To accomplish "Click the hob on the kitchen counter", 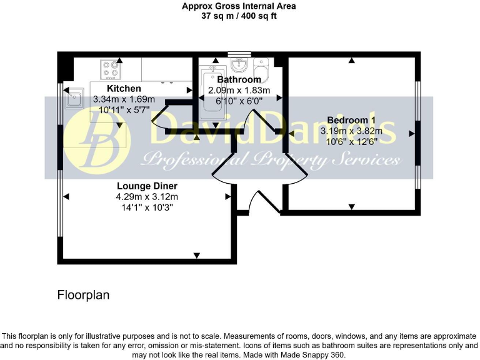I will [111, 68].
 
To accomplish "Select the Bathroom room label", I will [239, 80].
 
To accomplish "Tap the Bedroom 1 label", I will [351, 120].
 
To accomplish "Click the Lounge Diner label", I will [147, 186].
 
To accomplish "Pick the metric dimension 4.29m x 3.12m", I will [147, 197].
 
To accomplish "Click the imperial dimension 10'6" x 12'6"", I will [351, 142].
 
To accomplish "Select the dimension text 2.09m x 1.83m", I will [239, 90].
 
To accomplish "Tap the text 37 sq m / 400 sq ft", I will [239, 16].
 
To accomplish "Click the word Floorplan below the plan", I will [83, 295].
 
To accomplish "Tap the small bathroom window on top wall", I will [239, 54].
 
